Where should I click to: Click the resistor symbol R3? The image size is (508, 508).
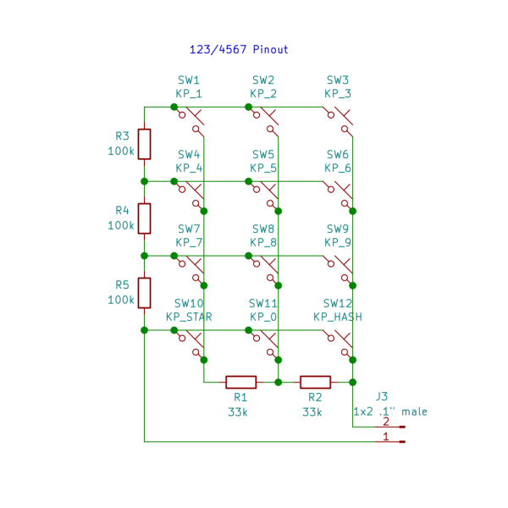(145, 144)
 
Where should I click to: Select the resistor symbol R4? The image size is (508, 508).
(145, 218)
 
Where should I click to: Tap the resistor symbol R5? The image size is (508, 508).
(145, 293)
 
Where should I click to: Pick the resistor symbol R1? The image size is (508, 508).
(240, 382)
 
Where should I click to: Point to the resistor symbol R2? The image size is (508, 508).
(315, 382)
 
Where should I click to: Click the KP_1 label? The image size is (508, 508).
(189, 94)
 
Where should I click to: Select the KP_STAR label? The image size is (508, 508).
(189, 317)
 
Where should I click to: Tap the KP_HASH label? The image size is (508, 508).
(338, 317)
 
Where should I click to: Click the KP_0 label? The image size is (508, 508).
(263, 317)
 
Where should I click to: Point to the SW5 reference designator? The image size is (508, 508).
(263, 155)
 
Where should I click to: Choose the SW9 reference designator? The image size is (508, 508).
(338, 229)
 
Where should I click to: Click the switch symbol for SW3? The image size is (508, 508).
(342, 119)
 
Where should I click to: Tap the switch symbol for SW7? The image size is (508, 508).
(193, 267)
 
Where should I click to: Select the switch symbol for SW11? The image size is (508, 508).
(268, 341)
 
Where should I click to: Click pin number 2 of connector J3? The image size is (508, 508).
(386, 422)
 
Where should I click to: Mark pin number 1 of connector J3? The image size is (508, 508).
(386, 437)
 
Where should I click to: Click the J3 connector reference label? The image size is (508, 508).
(382, 396)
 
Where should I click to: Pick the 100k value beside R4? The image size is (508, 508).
(121, 226)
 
